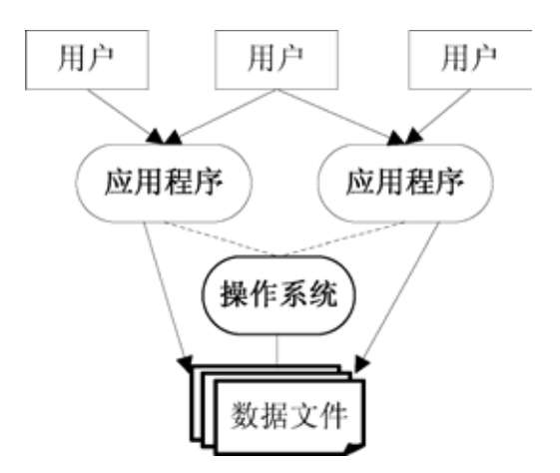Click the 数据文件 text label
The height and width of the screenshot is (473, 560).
(288, 415)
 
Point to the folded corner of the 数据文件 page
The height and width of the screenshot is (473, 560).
(353, 448)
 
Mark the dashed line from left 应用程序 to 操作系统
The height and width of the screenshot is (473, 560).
(220, 238)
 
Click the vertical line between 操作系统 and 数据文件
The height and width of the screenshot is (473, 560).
(277, 350)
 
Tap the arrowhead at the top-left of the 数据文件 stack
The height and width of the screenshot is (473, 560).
(186, 363)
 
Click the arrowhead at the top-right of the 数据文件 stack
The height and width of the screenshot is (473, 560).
(361, 364)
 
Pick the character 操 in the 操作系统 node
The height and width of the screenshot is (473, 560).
(235, 294)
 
